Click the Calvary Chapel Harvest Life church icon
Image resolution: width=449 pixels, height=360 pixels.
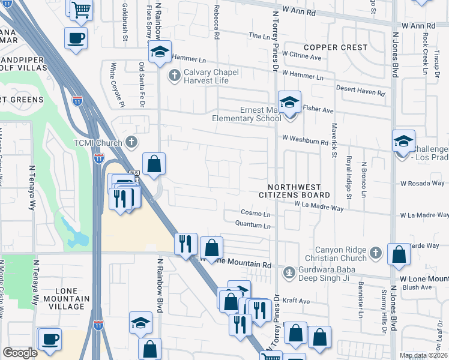[174, 76]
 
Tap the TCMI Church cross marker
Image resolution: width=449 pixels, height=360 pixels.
[132, 142]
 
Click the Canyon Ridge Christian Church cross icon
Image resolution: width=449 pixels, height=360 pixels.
[375, 252]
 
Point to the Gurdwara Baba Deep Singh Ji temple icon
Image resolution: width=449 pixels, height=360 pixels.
[289, 272]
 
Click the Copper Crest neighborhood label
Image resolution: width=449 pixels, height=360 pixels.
[335, 47]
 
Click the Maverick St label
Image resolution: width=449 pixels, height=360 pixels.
[334, 141]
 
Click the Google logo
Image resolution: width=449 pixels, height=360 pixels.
[20, 353]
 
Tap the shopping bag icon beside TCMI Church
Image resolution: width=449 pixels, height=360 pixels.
[154, 163]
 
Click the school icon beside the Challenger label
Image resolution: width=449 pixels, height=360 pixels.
[403, 142]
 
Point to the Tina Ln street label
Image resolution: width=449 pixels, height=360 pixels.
[259, 37]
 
